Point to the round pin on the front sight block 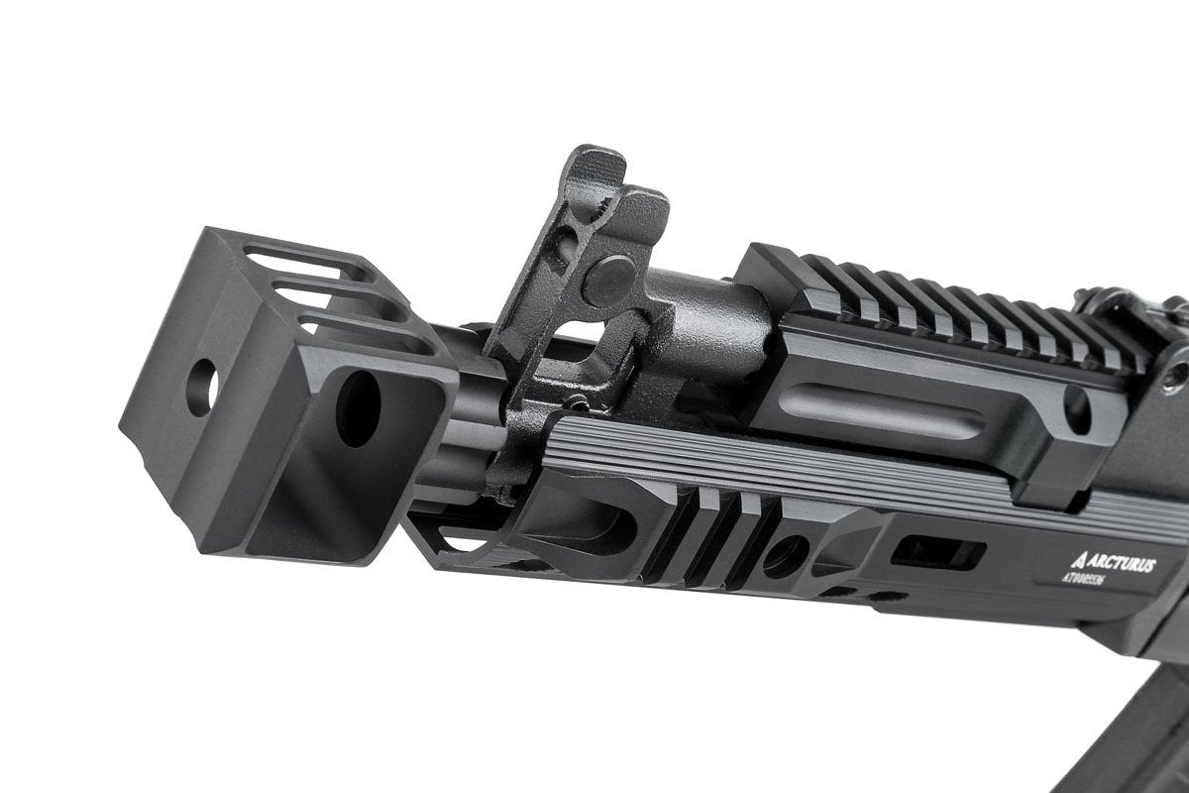click(x=606, y=281)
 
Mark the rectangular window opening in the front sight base click(x=583, y=337)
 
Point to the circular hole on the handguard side click(x=784, y=555)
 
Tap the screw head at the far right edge click(x=1177, y=377)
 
